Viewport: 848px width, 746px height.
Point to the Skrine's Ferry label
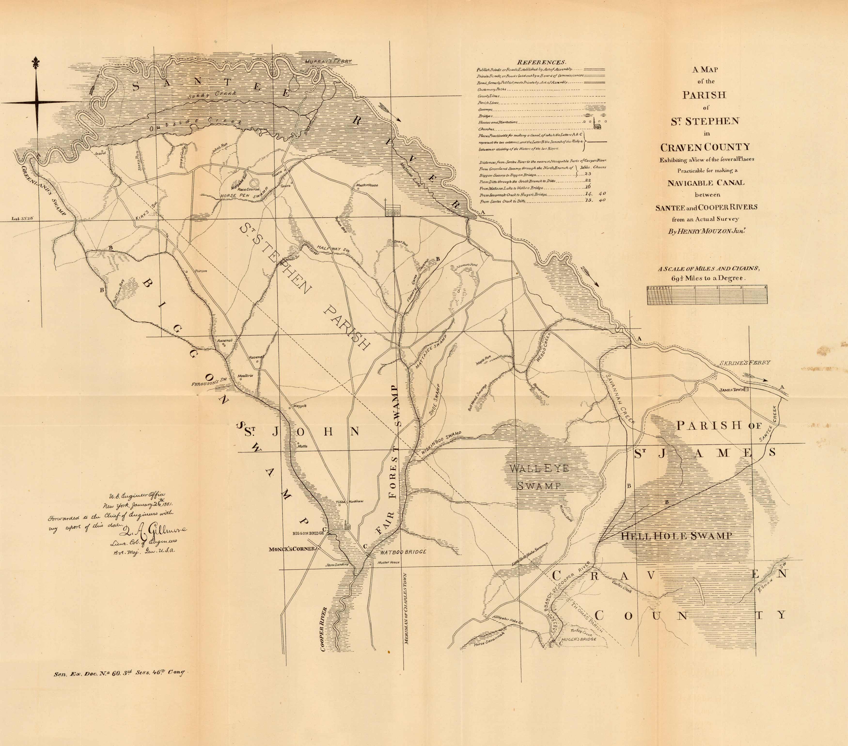[x=745, y=362]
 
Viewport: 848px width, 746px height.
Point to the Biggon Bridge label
[x=308, y=533]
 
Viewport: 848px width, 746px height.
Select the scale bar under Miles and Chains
[x=707, y=295]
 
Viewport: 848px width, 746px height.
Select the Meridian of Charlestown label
[x=407, y=609]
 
